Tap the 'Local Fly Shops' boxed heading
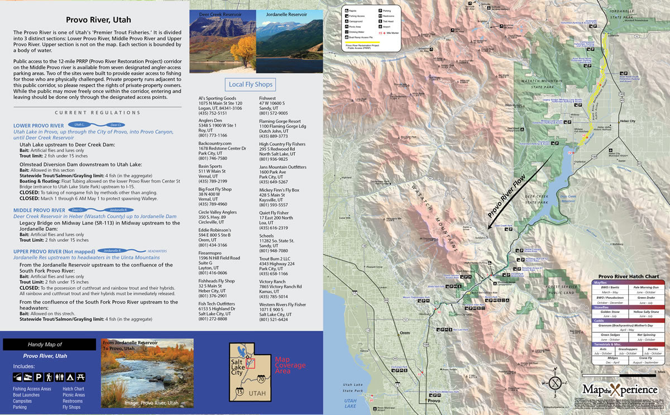coord(251,84)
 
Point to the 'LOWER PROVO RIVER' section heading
coord(38,126)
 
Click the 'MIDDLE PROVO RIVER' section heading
coord(39,210)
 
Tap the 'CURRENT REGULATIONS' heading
coord(97,113)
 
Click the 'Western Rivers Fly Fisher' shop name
coord(283,304)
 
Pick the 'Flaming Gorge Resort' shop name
coord(279,121)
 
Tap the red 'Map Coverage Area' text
coord(290,365)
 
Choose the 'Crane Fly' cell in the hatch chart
coord(646,357)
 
